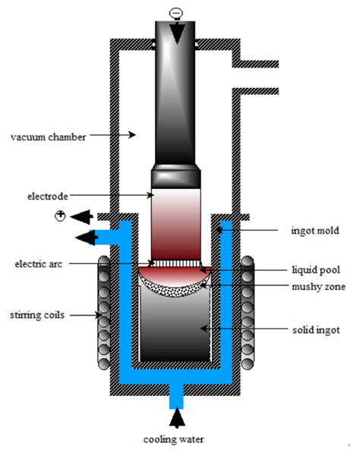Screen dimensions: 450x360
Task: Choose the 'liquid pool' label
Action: pyautogui.click(x=312, y=269)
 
